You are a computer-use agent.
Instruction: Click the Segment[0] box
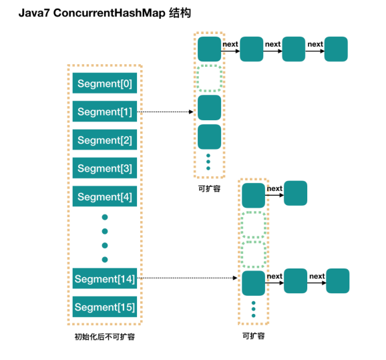point(104,84)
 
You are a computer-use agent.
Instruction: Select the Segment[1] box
point(104,112)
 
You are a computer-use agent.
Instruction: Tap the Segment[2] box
point(104,140)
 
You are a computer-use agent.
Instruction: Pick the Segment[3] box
point(104,168)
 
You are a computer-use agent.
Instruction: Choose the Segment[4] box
point(104,197)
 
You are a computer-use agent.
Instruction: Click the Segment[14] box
point(104,279)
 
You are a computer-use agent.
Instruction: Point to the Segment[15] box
point(104,307)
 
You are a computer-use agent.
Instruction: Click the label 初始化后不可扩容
point(104,337)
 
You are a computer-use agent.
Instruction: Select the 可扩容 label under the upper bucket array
point(208,189)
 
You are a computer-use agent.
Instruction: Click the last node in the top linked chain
point(336,49)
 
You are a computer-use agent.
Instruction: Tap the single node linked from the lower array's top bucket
point(295,193)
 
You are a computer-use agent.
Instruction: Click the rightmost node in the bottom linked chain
point(337,281)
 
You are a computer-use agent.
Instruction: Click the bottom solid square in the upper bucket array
point(209,136)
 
